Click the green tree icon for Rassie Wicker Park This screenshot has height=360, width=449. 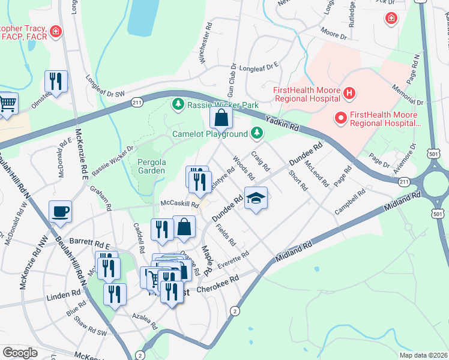tap(178, 105)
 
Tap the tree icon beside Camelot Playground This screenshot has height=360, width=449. tap(258, 132)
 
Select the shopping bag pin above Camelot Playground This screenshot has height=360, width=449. tap(221, 118)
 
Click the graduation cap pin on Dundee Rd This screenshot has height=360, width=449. tap(256, 199)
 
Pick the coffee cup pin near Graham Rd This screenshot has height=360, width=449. tap(60, 211)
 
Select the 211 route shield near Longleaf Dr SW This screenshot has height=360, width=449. tap(136, 104)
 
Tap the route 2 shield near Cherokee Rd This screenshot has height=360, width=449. tap(235, 311)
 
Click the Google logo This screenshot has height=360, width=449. tap(20, 353)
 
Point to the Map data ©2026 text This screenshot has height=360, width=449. tap(423, 355)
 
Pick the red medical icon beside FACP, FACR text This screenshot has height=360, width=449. tap(56, 30)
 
